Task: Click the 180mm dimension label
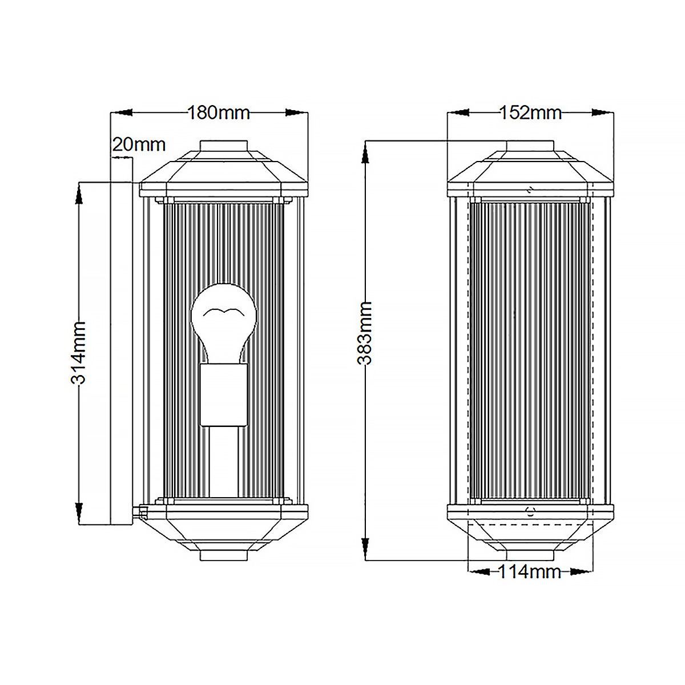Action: tap(219, 113)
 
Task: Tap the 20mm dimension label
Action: tap(139, 144)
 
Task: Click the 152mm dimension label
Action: tap(530, 113)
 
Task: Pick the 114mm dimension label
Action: tap(530, 571)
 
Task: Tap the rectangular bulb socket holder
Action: tap(223, 396)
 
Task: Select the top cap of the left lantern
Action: tap(224, 147)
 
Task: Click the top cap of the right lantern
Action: tap(530, 147)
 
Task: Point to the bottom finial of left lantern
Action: tap(224, 555)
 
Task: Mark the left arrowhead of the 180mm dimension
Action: tap(122, 113)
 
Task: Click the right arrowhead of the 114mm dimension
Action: tap(581, 571)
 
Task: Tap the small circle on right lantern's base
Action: tap(531, 512)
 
